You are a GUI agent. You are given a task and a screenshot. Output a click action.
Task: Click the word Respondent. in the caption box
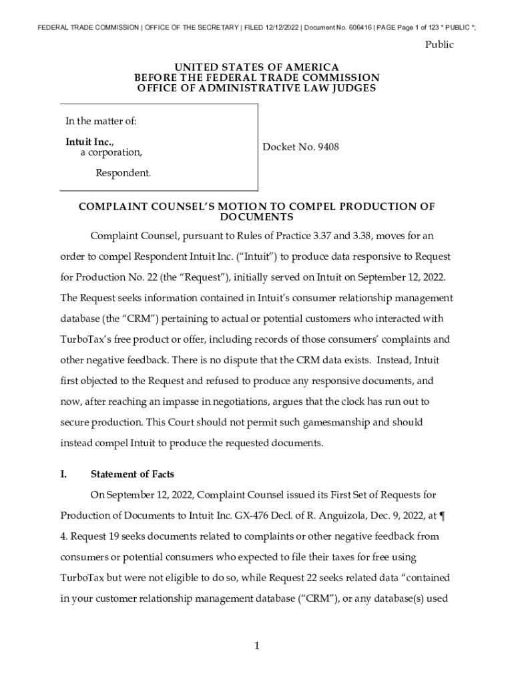[x=123, y=174]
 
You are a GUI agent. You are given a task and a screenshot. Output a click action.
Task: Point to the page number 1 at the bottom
[x=257, y=645]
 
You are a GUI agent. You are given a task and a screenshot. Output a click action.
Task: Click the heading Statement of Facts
[x=132, y=474]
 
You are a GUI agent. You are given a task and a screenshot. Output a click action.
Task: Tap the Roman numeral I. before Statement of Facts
[x=63, y=474]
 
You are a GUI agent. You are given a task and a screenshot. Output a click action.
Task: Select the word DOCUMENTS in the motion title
[x=256, y=218]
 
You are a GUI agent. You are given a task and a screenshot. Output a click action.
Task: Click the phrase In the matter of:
[x=101, y=122]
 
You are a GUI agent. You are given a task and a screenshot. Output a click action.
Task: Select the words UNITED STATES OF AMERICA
[x=256, y=67]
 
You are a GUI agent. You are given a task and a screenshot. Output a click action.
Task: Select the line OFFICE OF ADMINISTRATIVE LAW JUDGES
[x=256, y=88]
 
